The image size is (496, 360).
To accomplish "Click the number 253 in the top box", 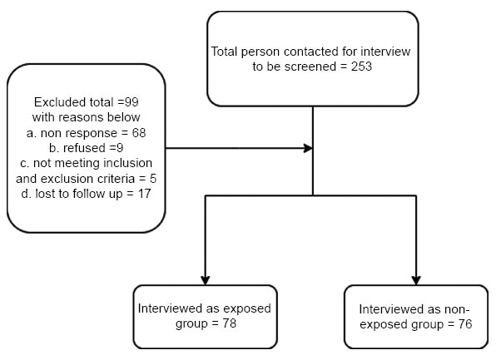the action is coord(361,67).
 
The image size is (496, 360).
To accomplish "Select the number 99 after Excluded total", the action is coord(131,102).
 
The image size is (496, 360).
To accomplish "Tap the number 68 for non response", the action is coord(139,133).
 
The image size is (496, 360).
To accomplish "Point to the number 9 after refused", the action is coord(120,148).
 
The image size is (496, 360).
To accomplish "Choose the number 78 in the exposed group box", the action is coord(229,323).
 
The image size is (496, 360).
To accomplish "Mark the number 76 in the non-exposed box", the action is coord(464,324).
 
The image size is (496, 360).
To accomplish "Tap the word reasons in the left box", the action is coord(77,117).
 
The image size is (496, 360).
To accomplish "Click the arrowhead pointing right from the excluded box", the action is coord(308,148).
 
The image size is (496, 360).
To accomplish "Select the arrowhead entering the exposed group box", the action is coord(206,280).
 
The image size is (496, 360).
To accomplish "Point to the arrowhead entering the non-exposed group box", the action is coord(416,280).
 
